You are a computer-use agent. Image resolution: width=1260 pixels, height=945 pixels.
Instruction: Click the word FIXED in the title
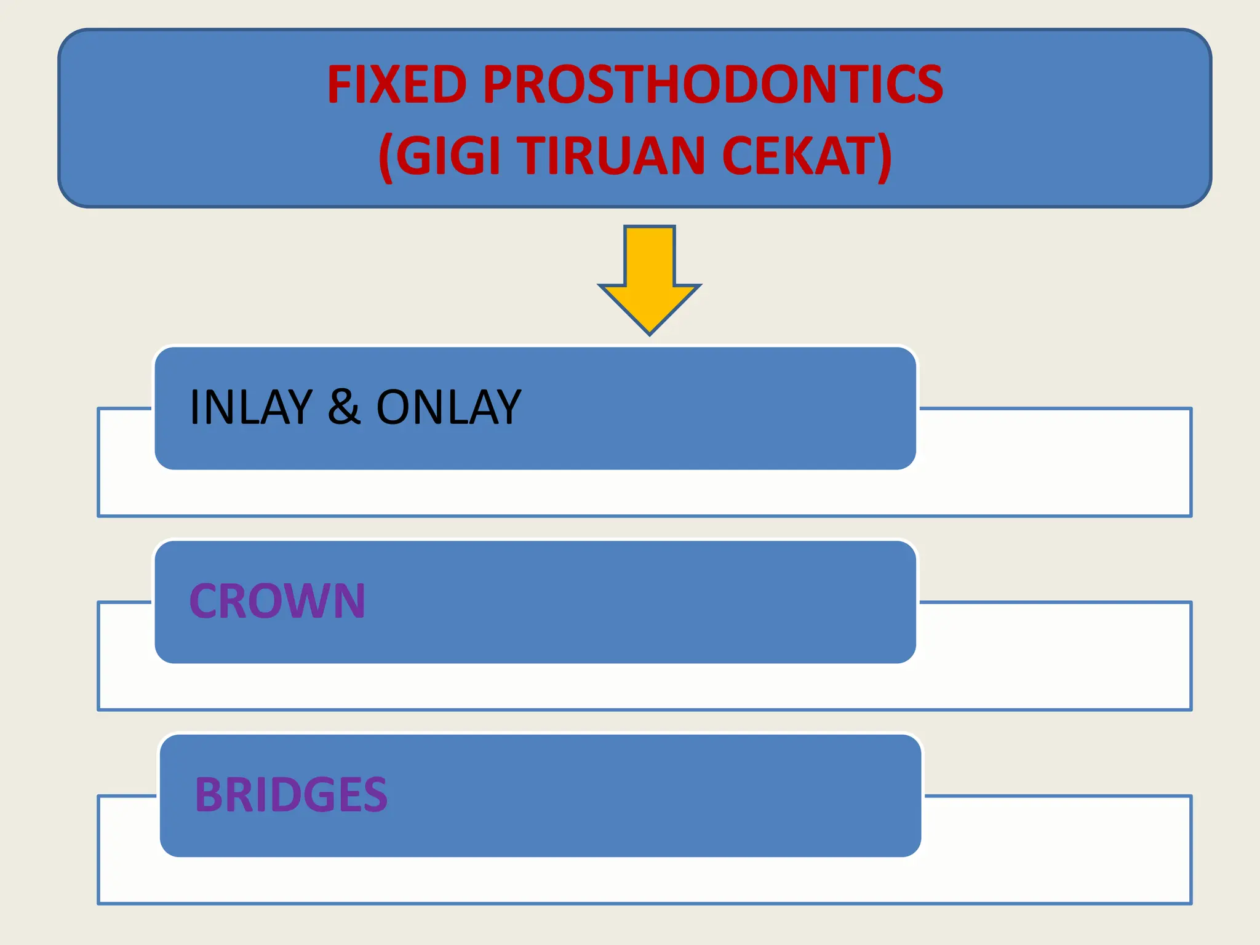(397, 85)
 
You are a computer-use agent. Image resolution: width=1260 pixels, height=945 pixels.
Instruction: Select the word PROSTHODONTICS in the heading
(712, 85)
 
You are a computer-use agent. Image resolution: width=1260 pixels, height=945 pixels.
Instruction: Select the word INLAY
(251, 407)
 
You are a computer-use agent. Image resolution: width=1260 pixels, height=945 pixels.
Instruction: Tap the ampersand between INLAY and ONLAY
(344, 407)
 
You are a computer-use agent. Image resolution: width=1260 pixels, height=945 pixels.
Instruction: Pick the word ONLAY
(449, 407)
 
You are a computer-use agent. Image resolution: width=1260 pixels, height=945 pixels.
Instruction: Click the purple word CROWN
(277, 601)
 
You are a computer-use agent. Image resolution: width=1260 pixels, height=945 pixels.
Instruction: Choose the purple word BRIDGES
(291, 795)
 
